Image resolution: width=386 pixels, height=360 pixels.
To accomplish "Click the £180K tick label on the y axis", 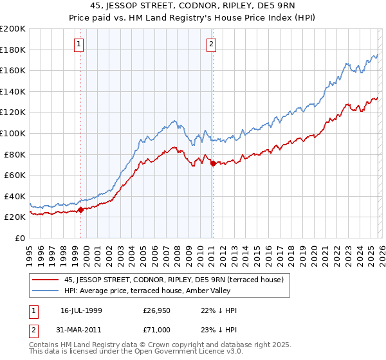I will pyautogui.click(x=13, y=50).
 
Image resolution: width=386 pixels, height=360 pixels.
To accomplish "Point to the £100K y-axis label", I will pyautogui.click(x=13, y=133).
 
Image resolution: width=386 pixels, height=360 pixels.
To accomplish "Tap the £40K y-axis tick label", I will pyautogui.click(x=15, y=196).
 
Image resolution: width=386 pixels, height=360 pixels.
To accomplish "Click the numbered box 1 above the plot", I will pyautogui.click(x=78, y=44).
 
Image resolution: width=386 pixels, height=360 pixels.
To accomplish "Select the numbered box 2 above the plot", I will pyautogui.click(x=211, y=44).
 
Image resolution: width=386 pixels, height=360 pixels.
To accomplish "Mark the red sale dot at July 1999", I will pyautogui.click(x=81, y=210).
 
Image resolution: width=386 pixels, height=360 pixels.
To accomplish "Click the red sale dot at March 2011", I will pyautogui.click(x=213, y=163).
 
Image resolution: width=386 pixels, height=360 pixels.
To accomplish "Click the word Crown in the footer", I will pyautogui.click(x=165, y=346).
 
